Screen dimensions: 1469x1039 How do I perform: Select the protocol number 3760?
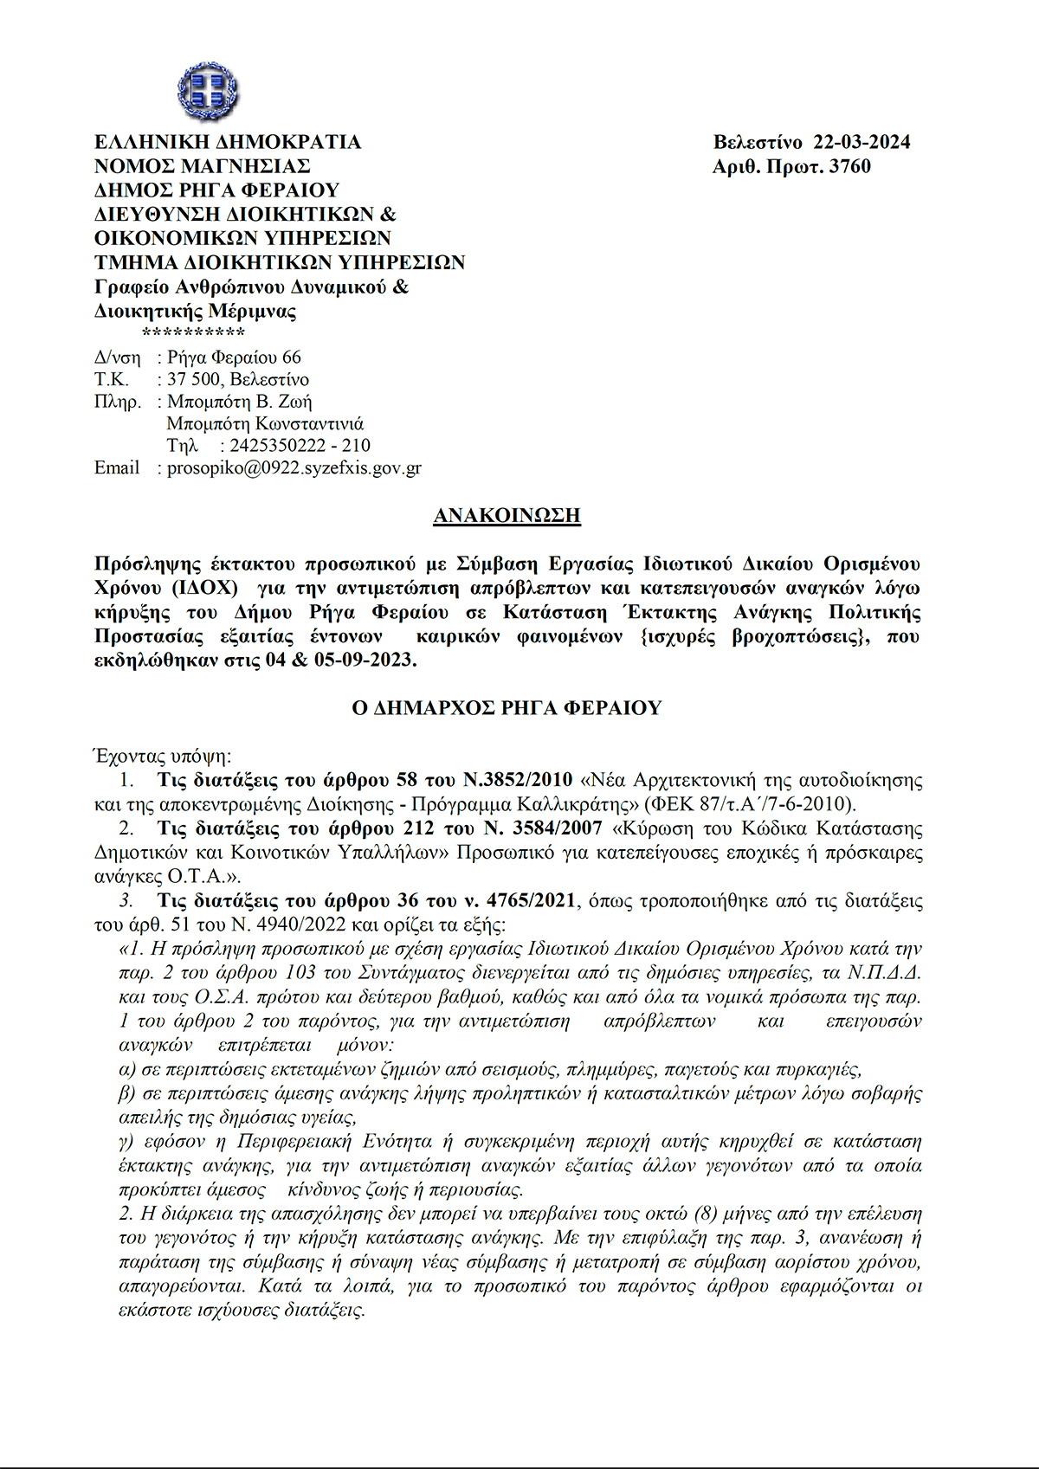pyautogui.click(x=849, y=166)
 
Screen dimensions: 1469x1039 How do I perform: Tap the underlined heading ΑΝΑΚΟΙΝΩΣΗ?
pyautogui.click(x=507, y=516)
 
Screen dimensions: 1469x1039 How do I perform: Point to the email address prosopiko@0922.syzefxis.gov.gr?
pyautogui.click(x=294, y=468)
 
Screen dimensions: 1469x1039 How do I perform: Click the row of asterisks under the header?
pyautogui.click(x=193, y=333)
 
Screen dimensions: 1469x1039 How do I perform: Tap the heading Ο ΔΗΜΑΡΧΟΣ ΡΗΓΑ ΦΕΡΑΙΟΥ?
pyautogui.click(x=507, y=708)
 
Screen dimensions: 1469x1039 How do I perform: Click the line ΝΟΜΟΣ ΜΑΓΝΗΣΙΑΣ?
pyautogui.click(x=202, y=166)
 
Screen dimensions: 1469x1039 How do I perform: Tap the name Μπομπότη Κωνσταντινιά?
pyautogui.click(x=265, y=424)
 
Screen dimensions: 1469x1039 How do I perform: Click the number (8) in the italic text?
pyautogui.click(x=704, y=1214)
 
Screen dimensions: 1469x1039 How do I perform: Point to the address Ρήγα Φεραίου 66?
pyautogui.click(x=234, y=357)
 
